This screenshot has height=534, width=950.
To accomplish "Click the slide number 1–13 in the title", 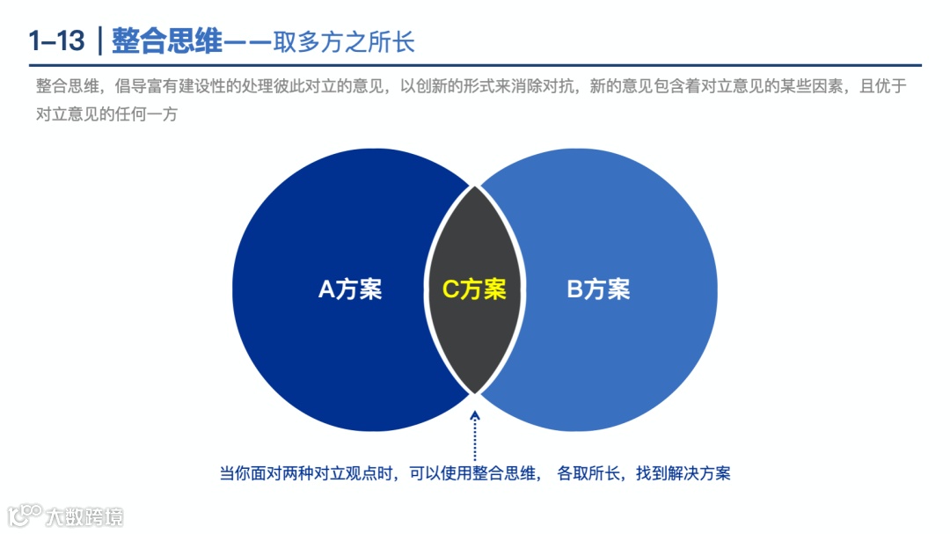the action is tap(56, 40).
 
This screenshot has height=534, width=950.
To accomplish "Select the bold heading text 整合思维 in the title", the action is tap(168, 40).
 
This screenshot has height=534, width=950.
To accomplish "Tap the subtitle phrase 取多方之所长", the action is tap(344, 40).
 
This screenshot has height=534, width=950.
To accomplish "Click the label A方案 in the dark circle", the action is tap(350, 289).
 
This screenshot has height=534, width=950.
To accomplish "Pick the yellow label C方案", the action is tap(474, 289).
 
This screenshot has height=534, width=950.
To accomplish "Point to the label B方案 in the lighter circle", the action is tap(598, 289).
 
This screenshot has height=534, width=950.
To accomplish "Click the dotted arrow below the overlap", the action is tap(475, 431).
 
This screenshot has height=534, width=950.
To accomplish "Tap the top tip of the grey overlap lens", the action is tap(475, 187).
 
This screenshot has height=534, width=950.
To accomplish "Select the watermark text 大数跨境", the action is tap(85, 516).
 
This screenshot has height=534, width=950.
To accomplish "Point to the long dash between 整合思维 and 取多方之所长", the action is tap(248, 40).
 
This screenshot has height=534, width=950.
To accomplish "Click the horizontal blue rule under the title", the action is tap(475, 65).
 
